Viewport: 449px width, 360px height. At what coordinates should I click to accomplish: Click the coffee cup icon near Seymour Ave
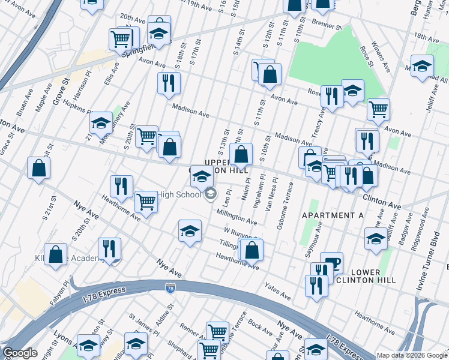click(x=331, y=262)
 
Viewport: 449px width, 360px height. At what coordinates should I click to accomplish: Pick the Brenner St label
click(x=327, y=25)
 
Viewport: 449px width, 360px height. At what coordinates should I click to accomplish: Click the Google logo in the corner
click(x=20, y=352)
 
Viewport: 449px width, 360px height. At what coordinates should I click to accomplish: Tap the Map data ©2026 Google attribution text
click(x=412, y=355)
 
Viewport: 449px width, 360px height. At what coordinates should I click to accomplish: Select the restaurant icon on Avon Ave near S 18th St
click(x=169, y=83)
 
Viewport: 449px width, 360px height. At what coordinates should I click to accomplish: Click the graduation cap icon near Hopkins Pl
click(x=101, y=123)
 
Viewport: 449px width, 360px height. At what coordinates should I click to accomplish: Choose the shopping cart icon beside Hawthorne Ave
click(x=146, y=202)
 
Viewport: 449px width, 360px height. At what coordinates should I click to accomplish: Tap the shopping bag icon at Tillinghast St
click(x=252, y=249)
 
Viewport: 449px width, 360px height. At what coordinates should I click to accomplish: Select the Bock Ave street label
click(x=260, y=328)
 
